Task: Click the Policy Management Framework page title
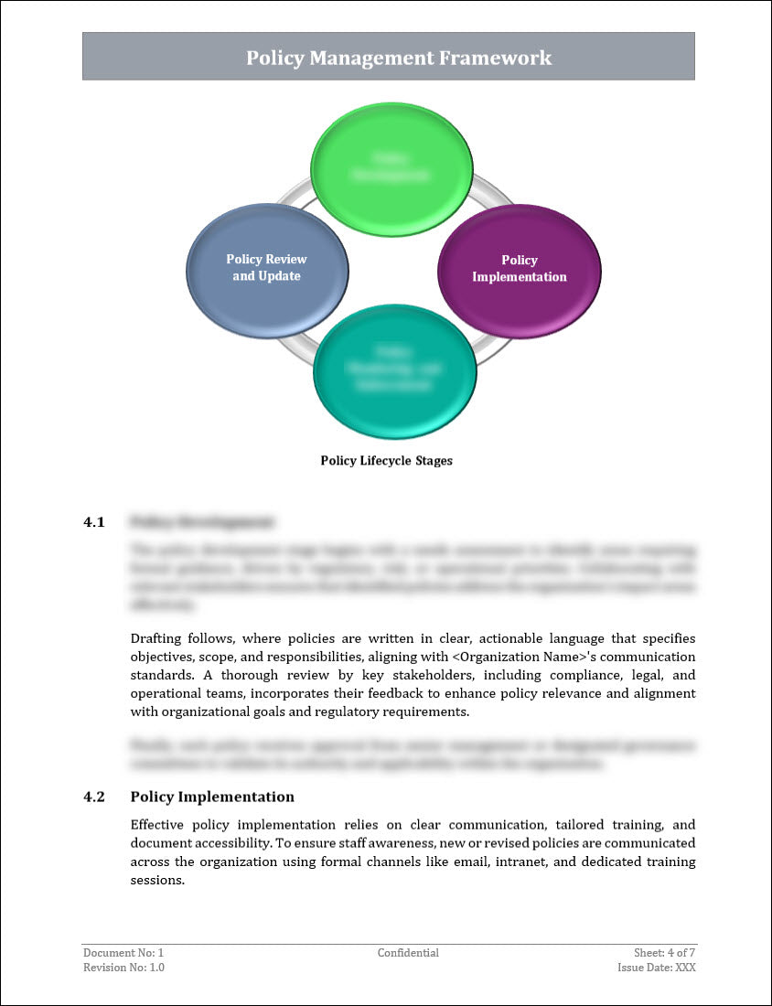399,58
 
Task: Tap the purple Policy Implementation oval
519,270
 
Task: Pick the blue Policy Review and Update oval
267,269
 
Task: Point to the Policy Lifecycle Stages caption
386,461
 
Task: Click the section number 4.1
94,522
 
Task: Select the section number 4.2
94,797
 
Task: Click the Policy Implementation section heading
212,797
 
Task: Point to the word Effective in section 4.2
161,824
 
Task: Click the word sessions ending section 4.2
157,881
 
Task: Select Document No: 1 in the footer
123,953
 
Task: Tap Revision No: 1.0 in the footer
124,968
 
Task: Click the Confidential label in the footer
408,953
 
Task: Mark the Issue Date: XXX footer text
656,968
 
